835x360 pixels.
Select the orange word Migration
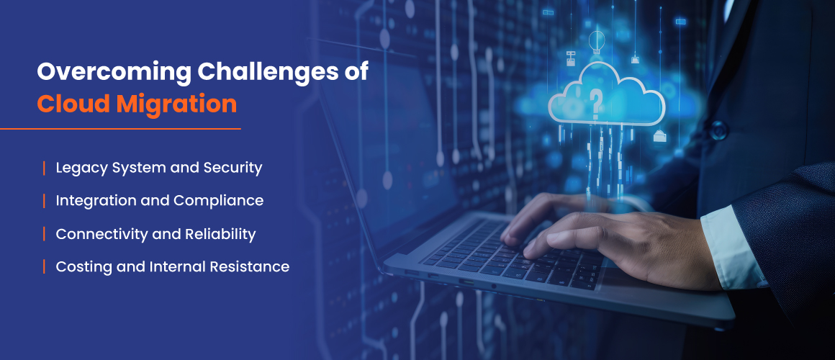176,104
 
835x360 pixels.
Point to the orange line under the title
120,128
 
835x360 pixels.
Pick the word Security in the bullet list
233,168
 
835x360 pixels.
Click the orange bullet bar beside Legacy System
44,168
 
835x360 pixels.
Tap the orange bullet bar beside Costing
44,267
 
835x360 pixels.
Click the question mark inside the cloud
596,103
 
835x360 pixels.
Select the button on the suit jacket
718,130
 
